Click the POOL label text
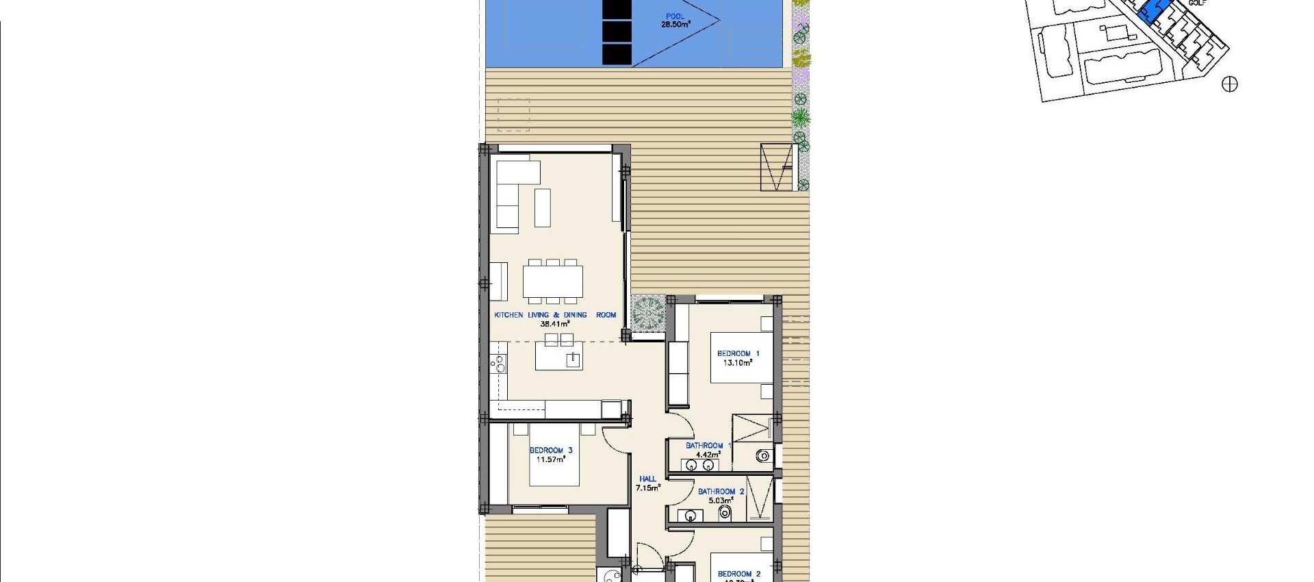tap(675, 16)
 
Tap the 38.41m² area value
tap(555, 324)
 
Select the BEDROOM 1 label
tap(738, 353)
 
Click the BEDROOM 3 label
tap(551, 451)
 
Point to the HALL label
tap(647, 479)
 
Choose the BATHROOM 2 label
tap(721, 492)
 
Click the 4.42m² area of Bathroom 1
tap(708, 454)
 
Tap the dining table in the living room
tap(553, 281)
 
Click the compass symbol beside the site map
tap(1230, 84)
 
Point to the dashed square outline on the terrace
tap(513, 114)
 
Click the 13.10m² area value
tap(738, 363)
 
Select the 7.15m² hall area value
tap(647, 488)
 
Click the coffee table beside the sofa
tap(542, 207)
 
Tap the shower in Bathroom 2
tap(759, 499)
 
